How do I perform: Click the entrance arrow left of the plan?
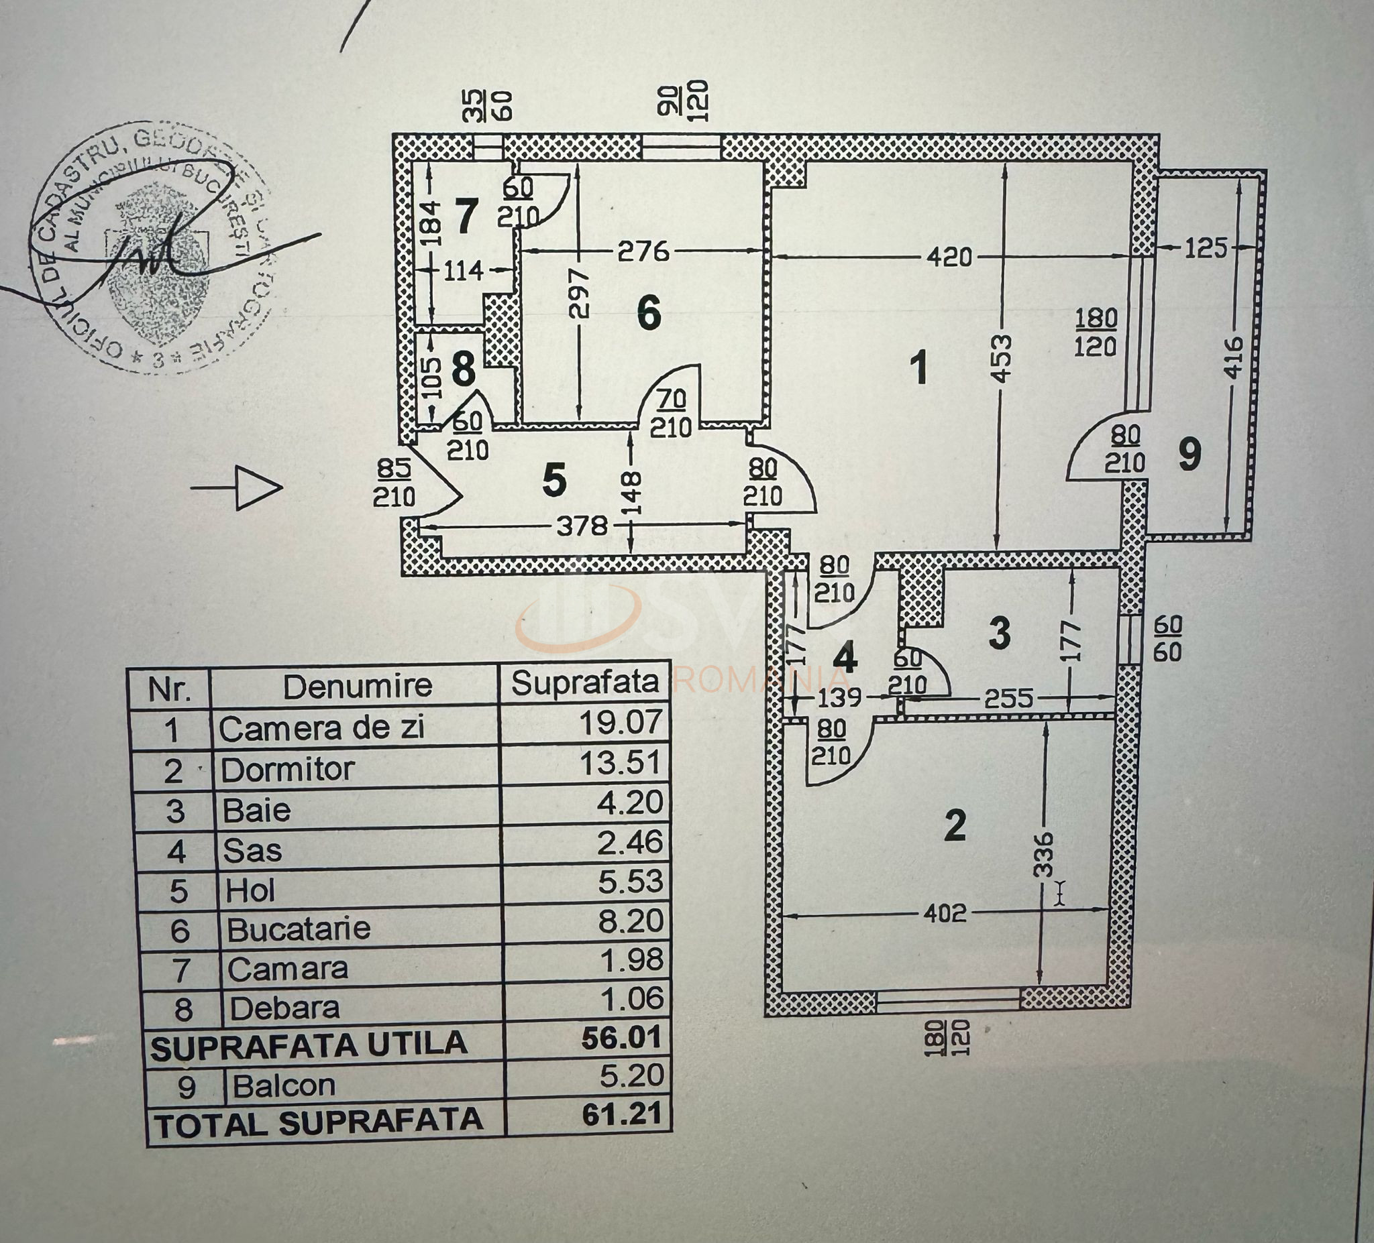coord(237,487)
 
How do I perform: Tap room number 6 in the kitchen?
coord(648,314)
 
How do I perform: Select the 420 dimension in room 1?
coord(950,257)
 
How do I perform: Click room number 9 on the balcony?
coord(1190,455)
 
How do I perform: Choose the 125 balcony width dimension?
coord(1206,249)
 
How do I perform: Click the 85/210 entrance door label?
coord(393,483)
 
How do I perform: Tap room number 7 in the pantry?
coord(466,218)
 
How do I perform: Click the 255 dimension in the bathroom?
coord(1008,699)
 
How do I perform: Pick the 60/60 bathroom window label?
coord(1167,638)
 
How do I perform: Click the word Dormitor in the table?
coord(287,770)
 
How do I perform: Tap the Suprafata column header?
coord(585,683)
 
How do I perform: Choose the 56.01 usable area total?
coord(621,1038)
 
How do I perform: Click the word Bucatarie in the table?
coord(299,929)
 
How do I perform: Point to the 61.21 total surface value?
coord(621,1115)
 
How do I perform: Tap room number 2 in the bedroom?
coord(955,826)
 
